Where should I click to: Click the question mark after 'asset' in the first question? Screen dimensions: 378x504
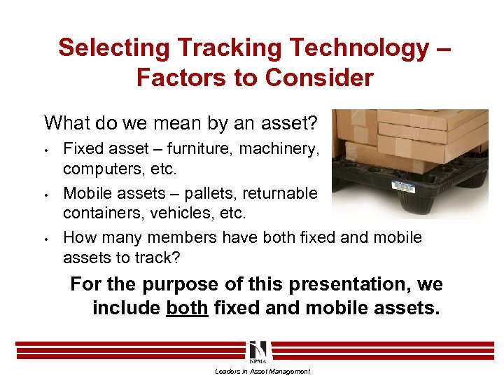pos(313,123)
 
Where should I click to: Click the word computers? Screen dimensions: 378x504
pos(98,169)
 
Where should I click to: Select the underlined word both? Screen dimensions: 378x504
pos(187,309)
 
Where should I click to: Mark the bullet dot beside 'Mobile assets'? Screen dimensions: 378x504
pos(45,193)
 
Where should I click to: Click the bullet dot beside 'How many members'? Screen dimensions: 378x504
pos(45,238)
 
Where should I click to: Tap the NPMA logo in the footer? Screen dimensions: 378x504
pos(257,351)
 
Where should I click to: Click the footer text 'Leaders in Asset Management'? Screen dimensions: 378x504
pos(262,371)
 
